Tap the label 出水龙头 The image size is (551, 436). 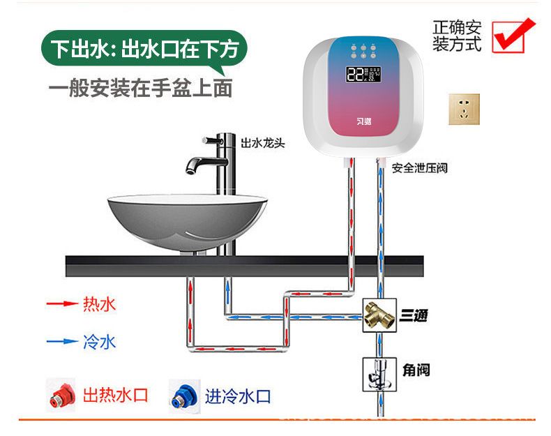(x=262, y=143)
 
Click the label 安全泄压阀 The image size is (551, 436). (x=419, y=168)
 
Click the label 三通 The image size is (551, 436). (x=413, y=316)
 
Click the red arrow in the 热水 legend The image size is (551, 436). (x=60, y=304)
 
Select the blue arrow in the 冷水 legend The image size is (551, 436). (x=60, y=341)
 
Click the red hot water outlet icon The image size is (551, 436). (x=61, y=396)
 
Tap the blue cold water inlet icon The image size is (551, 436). (x=183, y=396)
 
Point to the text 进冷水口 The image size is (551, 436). (x=237, y=397)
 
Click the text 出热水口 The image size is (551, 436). (x=116, y=396)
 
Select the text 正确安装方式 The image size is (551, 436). (x=457, y=36)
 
